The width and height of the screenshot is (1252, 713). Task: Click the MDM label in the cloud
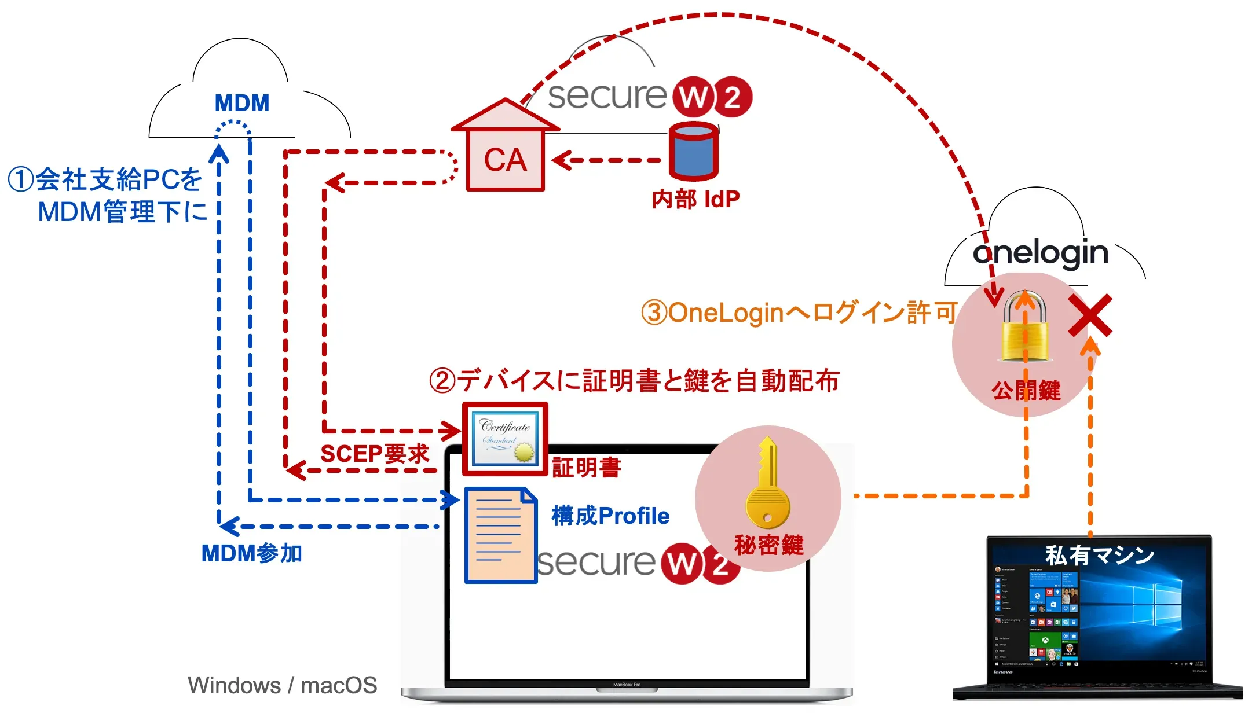tap(242, 103)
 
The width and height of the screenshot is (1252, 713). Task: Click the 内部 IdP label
tap(695, 200)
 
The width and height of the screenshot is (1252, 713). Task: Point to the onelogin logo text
tap(1040, 253)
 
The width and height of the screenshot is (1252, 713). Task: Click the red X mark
tap(1090, 315)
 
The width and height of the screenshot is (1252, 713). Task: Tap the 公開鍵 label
tap(1026, 391)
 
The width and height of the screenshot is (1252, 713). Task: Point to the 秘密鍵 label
tap(768, 545)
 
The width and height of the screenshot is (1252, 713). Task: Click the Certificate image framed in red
tap(505, 439)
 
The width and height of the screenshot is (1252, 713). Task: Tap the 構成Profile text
tap(610, 516)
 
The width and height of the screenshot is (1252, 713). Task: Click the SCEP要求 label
tap(375, 453)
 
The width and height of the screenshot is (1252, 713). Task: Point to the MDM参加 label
tap(251, 553)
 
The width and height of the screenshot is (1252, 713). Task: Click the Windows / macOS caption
tap(282, 685)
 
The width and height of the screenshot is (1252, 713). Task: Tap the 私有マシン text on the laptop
tap(1099, 556)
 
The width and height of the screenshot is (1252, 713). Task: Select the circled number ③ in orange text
tap(654, 313)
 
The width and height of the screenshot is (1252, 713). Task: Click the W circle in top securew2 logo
tap(693, 97)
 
